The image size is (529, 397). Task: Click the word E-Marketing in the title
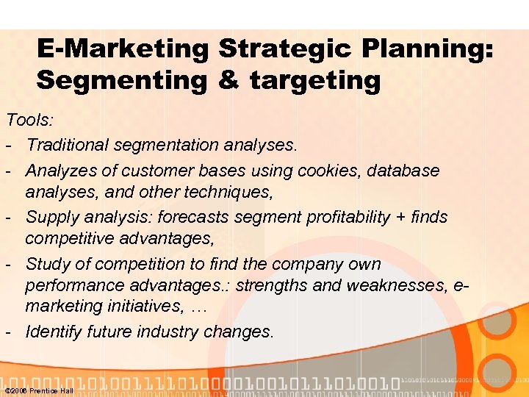(123, 49)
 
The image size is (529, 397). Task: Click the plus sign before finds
(400, 218)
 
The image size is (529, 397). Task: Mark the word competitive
(70, 239)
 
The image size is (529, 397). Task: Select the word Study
(47, 264)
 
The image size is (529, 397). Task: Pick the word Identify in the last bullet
(54, 332)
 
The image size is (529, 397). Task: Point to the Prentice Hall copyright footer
(39, 390)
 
